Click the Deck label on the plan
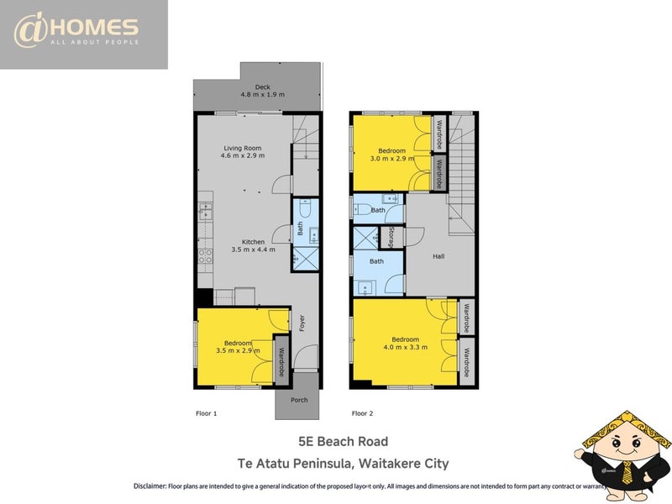click(262, 87)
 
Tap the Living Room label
click(243, 148)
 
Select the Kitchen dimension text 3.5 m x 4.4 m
click(254, 249)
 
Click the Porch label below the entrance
click(299, 400)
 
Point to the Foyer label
click(302, 323)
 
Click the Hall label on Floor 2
click(438, 256)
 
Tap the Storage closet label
click(391, 237)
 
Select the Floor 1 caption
click(206, 413)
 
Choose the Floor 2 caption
click(362, 413)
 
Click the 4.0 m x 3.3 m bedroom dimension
click(406, 347)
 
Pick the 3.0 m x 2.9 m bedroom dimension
click(392, 158)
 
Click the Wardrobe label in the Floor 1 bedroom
click(281, 362)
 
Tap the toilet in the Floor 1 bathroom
click(305, 208)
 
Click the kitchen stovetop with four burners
click(205, 256)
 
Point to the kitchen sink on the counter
click(205, 211)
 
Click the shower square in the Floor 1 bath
click(306, 259)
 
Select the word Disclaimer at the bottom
click(150, 486)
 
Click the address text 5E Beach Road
click(344, 442)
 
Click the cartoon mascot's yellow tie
click(627, 472)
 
